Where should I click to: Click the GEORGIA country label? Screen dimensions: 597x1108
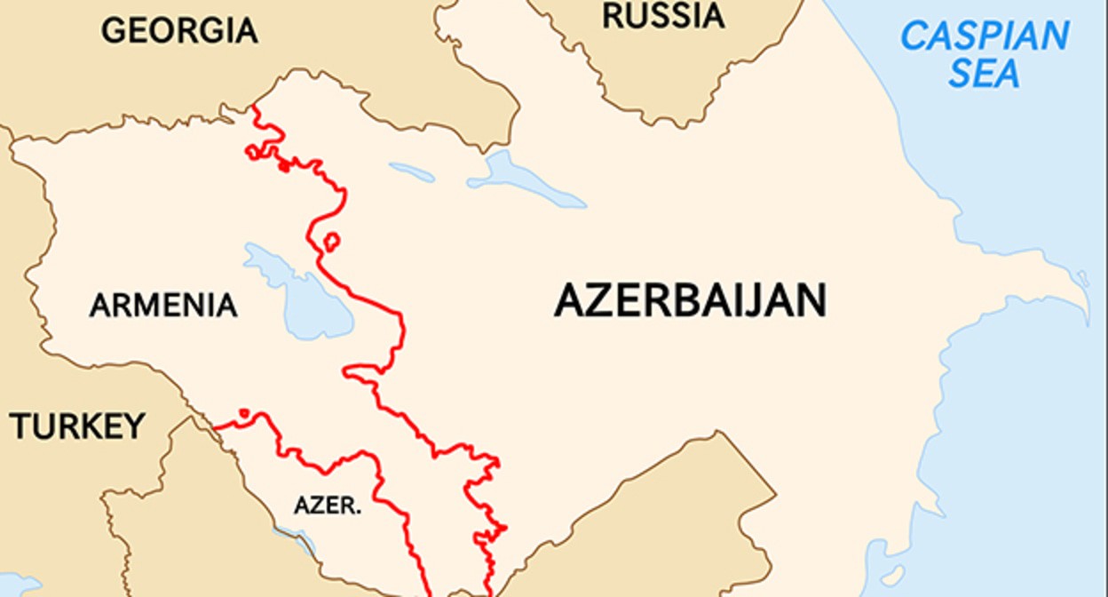(x=179, y=31)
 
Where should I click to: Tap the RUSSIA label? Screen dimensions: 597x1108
(x=663, y=16)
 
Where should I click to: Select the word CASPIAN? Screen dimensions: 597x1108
(x=985, y=36)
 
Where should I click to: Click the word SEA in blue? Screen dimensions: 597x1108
(x=984, y=74)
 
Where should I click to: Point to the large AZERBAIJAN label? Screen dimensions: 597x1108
(x=690, y=301)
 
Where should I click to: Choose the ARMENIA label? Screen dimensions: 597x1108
(x=163, y=306)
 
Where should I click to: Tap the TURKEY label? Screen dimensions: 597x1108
(x=77, y=426)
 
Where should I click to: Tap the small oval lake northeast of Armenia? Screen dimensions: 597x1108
(x=412, y=171)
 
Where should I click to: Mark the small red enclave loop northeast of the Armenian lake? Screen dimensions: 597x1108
(x=331, y=241)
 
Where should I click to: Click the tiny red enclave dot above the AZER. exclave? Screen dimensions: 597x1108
(x=243, y=413)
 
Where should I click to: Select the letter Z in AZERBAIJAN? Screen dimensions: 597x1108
(x=595, y=301)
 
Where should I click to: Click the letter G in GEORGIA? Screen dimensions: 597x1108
(x=113, y=31)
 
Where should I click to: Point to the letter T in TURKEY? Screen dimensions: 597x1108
(x=20, y=426)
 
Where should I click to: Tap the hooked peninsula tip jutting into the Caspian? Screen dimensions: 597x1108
(x=1083, y=283)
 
